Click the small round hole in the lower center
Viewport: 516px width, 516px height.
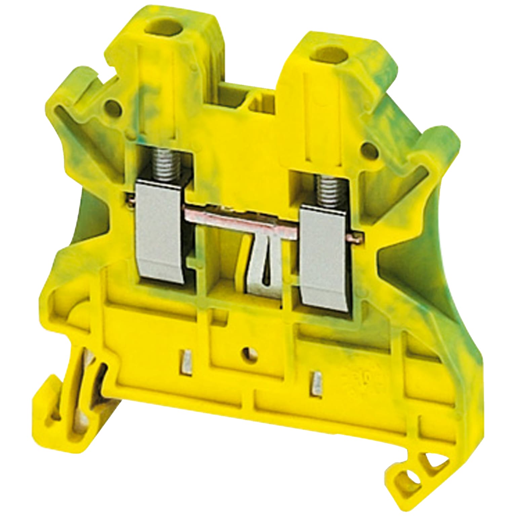(248, 352)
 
